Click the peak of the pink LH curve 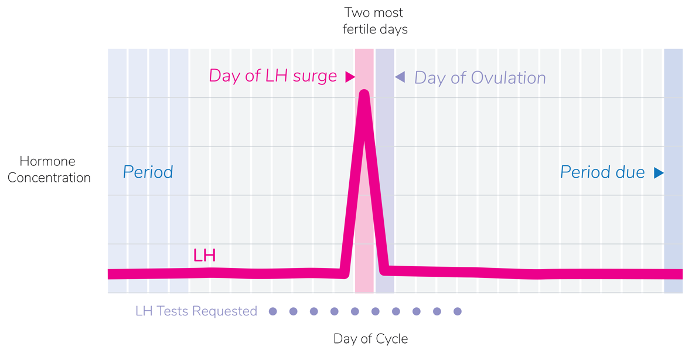(364, 94)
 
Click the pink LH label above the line (204, 256)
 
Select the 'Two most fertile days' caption (374, 21)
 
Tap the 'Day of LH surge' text (273, 76)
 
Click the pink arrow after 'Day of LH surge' (350, 76)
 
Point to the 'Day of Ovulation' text (480, 78)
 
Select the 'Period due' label (602, 172)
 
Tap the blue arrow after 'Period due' (659, 172)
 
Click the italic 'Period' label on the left (148, 172)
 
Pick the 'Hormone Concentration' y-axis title (49, 169)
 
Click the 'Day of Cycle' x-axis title (370, 339)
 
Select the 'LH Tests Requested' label (196, 311)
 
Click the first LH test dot (272, 311)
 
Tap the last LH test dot (458, 311)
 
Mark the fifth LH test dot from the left (355, 311)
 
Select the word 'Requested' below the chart (225, 311)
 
